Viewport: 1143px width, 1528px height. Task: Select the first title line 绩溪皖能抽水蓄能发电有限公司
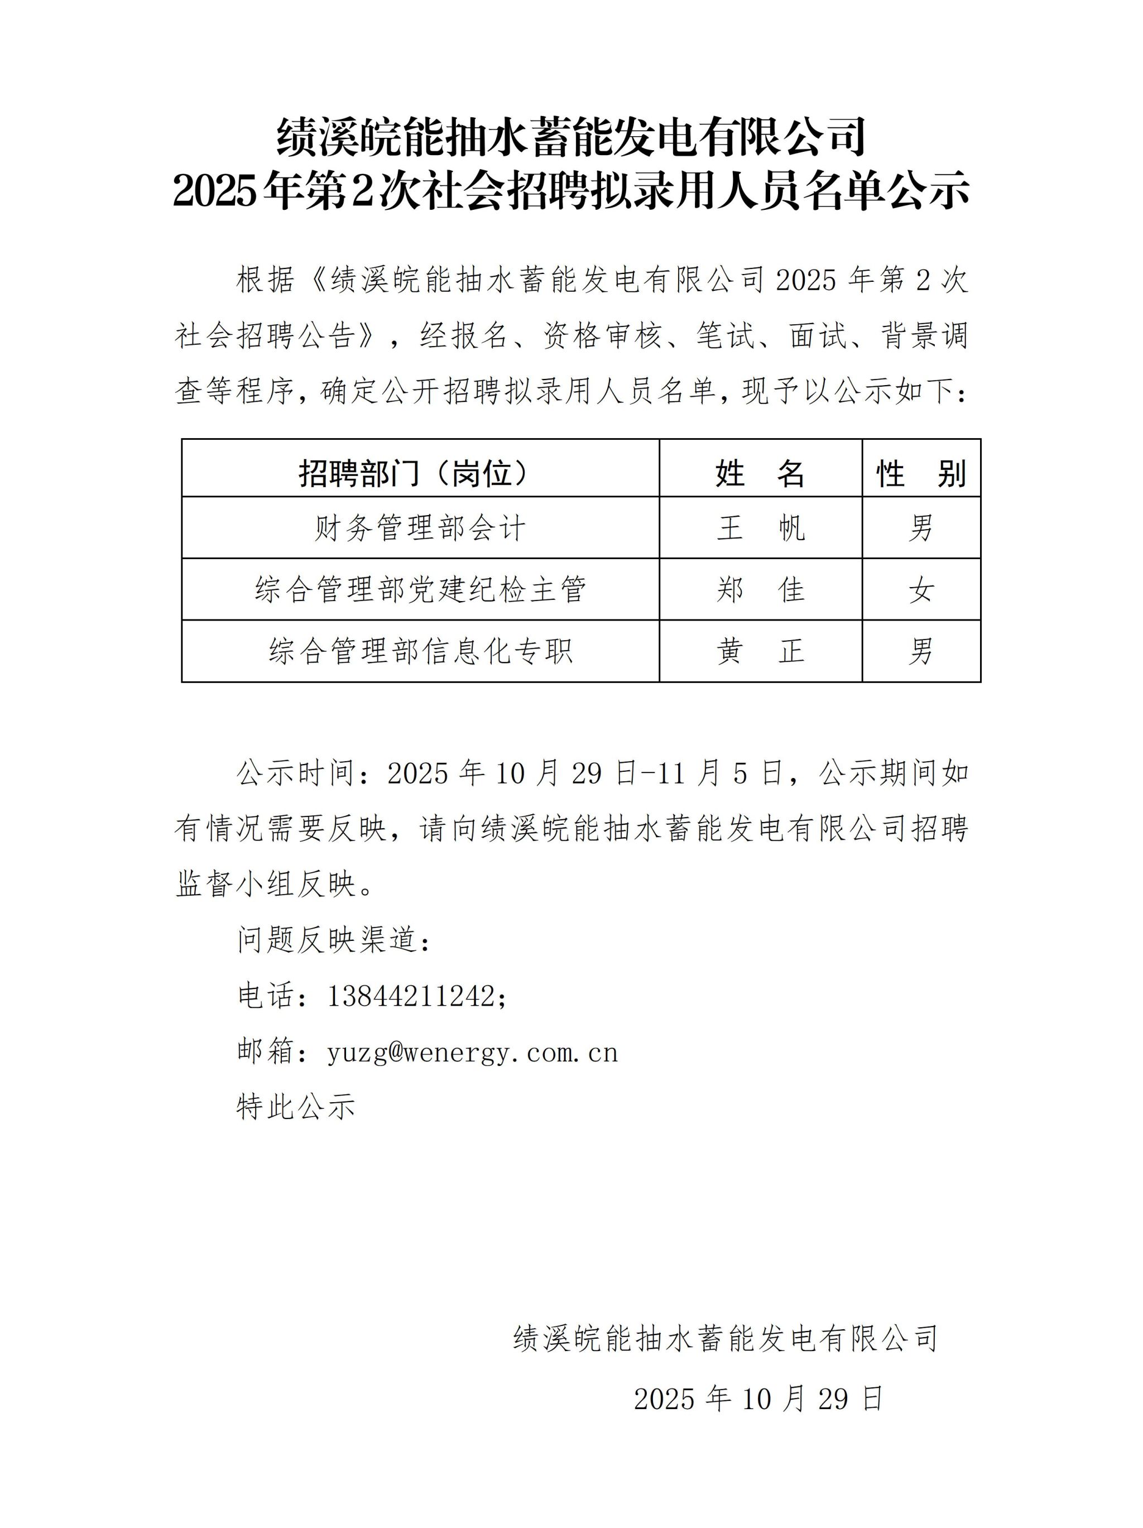click(571, 136)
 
